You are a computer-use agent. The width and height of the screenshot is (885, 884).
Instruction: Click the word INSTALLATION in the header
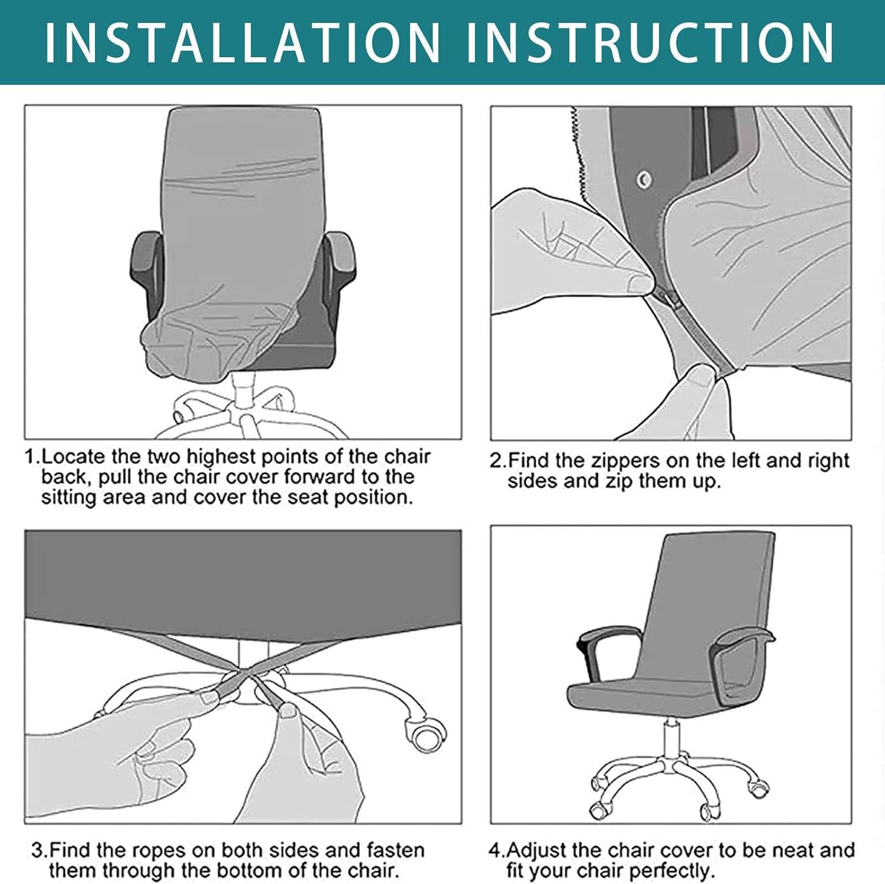(x=243, y=42)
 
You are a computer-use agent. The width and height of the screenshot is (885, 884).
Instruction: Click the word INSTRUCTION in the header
(x=650, y=42)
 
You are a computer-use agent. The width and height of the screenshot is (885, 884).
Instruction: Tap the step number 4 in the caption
(x=494, y=850)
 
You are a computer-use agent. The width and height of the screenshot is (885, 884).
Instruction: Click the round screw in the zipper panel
(x=644, y=179)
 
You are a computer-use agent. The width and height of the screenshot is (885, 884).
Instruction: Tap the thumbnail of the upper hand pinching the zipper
(x=641, y=284)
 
